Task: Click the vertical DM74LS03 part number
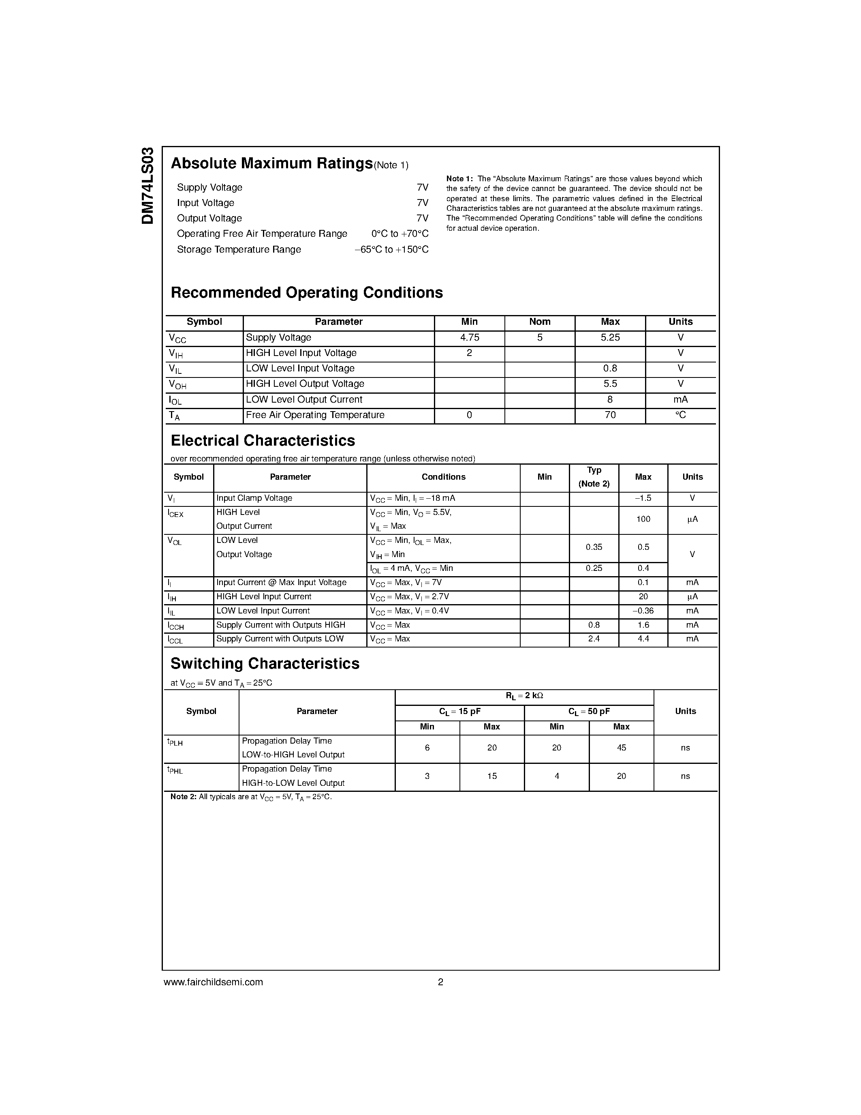147,186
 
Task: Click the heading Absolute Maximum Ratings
271,163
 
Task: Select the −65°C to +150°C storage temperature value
391,250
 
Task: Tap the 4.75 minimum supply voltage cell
469,337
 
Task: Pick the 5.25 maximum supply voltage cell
610,337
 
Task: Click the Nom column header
540,322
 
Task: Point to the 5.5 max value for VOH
610,384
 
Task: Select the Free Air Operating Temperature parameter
315,415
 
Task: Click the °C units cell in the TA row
680,415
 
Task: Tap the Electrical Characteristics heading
263,441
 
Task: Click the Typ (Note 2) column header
594,477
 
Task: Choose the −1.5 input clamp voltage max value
643,498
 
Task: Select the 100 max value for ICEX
643,519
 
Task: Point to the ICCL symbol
175,640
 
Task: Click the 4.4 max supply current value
643,639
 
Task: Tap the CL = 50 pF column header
589,712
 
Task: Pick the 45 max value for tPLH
621,748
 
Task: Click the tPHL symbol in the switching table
175,770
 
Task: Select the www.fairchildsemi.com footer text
213,982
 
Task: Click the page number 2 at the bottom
440,982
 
